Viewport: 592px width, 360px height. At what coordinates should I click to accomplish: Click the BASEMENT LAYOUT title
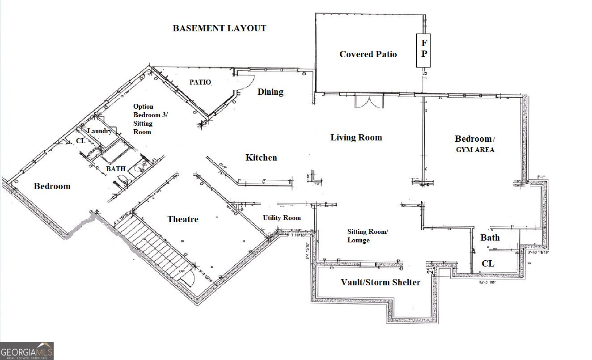click(x=220, y=29)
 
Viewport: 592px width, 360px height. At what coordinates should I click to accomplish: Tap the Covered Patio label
click(x=368, y=54)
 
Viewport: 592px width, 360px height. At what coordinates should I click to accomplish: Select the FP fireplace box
click(x=424, y=50)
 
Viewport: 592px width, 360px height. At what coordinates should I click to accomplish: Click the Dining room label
click(x=271, y=92)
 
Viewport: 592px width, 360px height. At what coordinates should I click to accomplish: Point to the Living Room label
click(x=356, y=137)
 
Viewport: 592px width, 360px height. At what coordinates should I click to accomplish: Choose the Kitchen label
click(x=261, y=157)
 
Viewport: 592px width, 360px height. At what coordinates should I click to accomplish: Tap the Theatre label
click(x=183, y=219)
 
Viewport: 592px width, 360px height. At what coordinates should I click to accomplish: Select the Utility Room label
click(x=282, y=218)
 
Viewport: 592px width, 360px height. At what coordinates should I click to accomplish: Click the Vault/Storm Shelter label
click(x=381, y=282)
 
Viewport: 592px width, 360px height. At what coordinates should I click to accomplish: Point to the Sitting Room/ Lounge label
click(x=368, y=236)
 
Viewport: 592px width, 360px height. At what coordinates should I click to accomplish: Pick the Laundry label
click(x=99, y=131)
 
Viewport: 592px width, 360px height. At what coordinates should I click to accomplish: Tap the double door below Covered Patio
click(x=369, y=102)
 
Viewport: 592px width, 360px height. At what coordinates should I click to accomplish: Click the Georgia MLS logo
click(x=27, y=351)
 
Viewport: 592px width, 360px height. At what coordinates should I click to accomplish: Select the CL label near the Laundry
click(x=80, y=140)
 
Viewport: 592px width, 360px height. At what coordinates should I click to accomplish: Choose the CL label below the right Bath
click(x=488, y=264)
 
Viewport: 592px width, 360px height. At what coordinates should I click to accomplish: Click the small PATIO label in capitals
click(x=199, y=82)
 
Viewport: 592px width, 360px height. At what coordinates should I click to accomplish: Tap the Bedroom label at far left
click(x=52, y=186)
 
